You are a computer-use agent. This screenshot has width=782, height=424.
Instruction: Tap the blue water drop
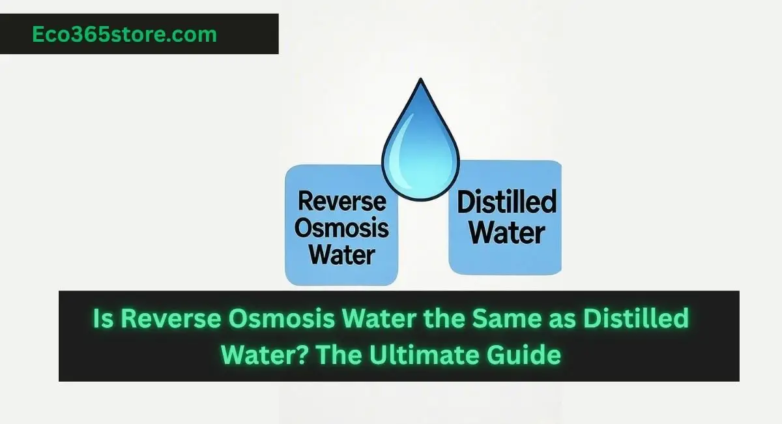420,140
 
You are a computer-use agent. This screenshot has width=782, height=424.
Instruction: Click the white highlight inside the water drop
402,141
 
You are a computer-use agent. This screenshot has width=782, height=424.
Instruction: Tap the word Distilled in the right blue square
506,202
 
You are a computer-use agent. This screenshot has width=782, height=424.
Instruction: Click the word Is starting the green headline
102,320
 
